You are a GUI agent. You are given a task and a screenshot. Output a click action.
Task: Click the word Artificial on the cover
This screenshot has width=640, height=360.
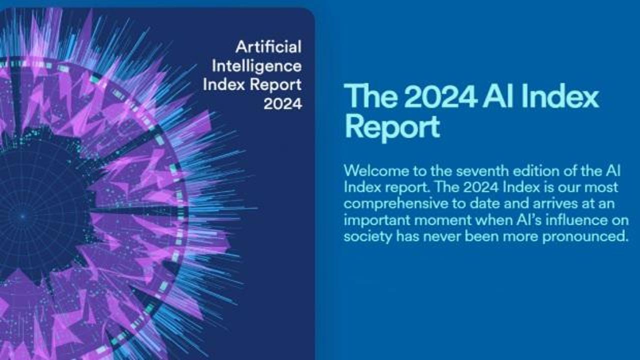point(268,47)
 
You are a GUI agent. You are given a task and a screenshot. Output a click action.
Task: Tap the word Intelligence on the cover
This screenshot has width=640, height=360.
point(256,67)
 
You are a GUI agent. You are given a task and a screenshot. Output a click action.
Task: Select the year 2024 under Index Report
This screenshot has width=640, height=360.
point(282,104)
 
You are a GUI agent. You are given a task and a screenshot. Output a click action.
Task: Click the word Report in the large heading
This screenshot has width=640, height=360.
point(392,127)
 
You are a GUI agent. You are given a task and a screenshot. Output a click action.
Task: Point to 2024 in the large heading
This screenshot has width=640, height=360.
point(440,97)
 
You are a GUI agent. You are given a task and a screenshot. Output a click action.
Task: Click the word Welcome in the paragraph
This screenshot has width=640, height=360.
point(376,171)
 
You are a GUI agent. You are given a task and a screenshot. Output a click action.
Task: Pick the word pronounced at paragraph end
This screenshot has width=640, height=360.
point(585,237)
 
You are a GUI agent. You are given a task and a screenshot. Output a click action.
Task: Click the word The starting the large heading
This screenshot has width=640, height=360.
point(371,96)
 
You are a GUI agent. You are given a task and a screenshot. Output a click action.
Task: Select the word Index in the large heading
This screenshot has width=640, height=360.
point(560,96)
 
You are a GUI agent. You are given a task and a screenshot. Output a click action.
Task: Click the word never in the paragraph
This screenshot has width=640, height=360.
point(442,237)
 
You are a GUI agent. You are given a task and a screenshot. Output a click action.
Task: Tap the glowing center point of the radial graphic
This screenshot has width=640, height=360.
point(23,216)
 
